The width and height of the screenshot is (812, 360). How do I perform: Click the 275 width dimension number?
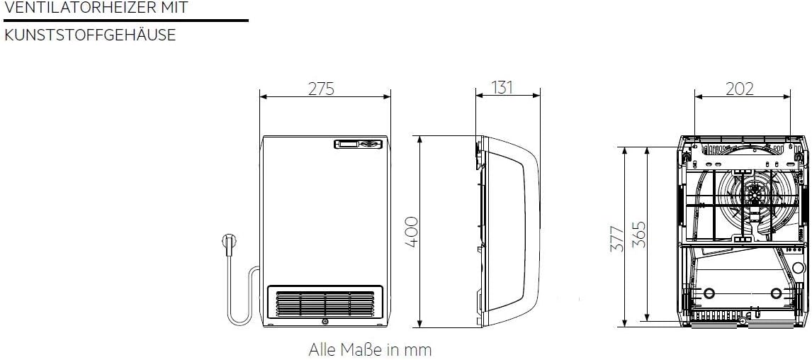coord(322,89)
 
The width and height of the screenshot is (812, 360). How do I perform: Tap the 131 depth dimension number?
coord(501,88)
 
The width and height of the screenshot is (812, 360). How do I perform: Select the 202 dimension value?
coord(740,89)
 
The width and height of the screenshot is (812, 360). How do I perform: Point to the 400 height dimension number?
coord(411,232)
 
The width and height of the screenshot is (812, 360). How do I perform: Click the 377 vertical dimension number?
coord(617,239)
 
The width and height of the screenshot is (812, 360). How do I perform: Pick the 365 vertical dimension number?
coord(640,234)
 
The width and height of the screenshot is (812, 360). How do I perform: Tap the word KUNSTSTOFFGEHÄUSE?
coord(89,35)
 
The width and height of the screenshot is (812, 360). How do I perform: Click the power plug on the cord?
coord(228,242)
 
